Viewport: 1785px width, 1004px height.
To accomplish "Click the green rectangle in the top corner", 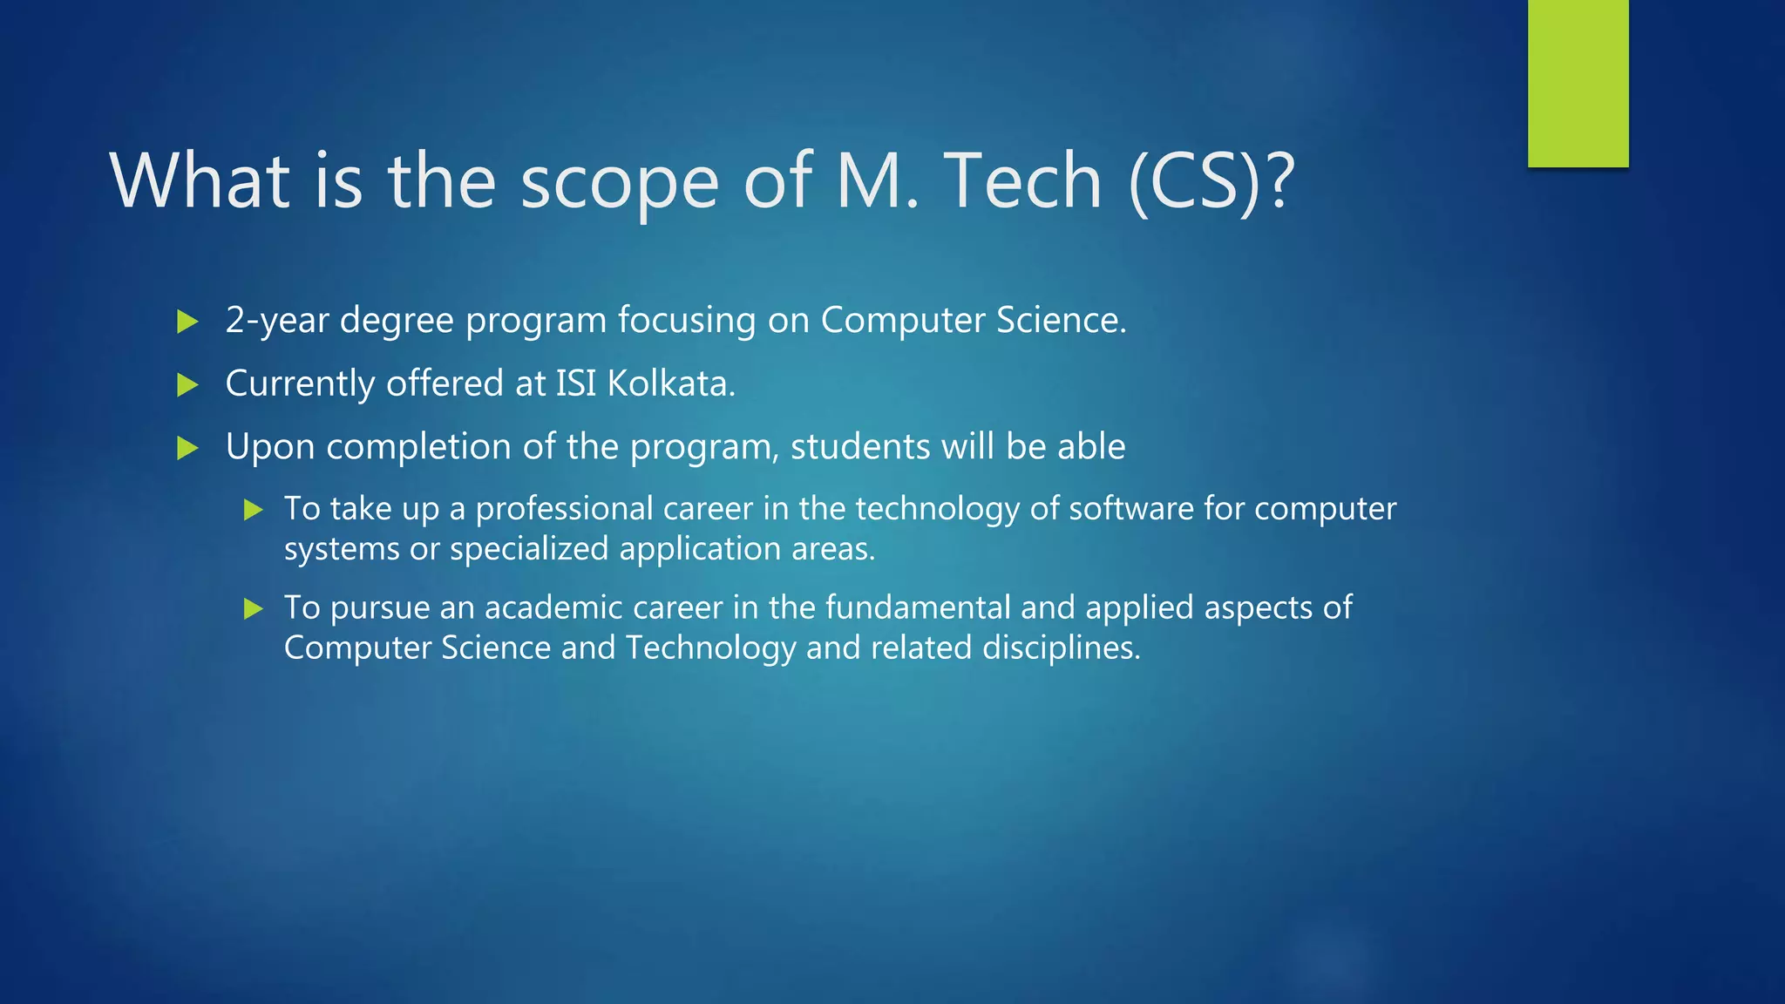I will click(1578, 83).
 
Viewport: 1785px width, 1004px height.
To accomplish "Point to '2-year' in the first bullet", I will click(276, 321).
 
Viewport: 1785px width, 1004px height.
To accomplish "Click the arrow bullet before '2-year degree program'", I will click(187, 322).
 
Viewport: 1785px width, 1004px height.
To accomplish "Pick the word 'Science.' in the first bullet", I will click(1061, 320).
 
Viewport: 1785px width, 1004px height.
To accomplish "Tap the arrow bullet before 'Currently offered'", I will click(187, 384).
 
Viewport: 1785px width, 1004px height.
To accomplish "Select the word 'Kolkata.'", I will click(671, 383).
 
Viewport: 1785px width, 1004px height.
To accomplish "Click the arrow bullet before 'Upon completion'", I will click(187, 448).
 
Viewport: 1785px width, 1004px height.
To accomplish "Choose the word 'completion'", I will click(417, 448).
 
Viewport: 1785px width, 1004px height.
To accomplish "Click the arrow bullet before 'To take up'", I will click(254, 510).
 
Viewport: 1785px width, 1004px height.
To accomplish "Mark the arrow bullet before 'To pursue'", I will click(254, 608).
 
